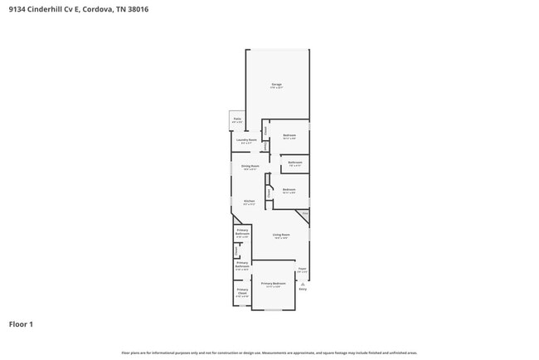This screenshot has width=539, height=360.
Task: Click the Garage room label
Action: click(x=277, y=85)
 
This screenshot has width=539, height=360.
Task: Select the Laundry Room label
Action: click(x=246, y=140)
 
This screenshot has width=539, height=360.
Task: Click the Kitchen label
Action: click(x=249, y=202)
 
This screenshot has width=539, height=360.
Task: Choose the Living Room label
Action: click(x=282, y=235)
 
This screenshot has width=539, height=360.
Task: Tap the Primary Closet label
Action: click(x=242, y=291)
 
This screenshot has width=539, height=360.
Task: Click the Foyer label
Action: click(x=303, y=269)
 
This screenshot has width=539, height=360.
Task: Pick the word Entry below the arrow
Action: click(x=303, y=289)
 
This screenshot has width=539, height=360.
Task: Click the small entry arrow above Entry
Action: click(x=303, y=282)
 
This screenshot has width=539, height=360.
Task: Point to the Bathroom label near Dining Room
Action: click(x=295, y=163)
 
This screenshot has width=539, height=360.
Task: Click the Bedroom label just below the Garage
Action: click(x=289, y=136)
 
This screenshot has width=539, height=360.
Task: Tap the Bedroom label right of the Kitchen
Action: click(x=289, y=191)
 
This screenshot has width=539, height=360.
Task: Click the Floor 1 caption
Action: click(x=21, y=324)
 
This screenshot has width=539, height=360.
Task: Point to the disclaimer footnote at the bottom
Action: click(x=269, y=353)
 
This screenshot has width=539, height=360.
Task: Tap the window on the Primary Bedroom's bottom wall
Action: click(x=273, y=309)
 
